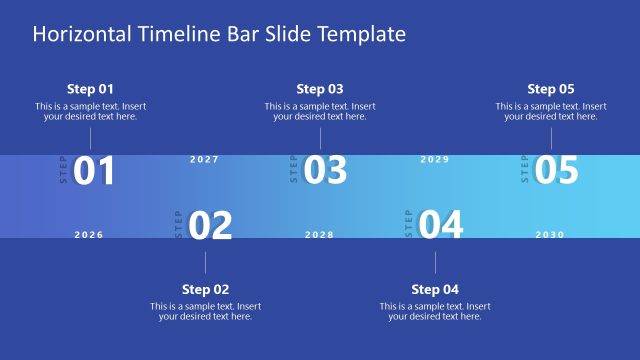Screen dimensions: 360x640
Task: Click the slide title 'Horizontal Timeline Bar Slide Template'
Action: click(219, 34)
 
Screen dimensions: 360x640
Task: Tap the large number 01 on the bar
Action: click(95, 171)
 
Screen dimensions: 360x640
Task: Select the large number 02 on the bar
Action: click(210, 226)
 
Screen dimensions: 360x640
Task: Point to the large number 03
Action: click(325, 171)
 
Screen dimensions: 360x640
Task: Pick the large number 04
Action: click(441, 226)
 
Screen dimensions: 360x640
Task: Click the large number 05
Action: click(556, 171)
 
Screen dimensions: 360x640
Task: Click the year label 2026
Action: click(89, 235)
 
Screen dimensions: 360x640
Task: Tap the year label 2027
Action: click(204, 160)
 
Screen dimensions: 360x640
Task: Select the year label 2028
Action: click(319, 235)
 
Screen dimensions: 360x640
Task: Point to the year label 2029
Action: click(435, 160)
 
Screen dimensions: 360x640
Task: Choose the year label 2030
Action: click(550, 235)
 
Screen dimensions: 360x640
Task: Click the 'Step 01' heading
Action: click(90, 89)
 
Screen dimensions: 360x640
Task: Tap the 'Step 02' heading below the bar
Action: click(205, 289)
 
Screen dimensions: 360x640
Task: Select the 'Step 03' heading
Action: click(320, 89)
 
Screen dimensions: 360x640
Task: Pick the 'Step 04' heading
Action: click(436, 289)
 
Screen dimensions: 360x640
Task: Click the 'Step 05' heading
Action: click(551, 89)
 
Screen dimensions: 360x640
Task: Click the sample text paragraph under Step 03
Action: click(320, 111)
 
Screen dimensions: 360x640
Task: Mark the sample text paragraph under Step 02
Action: click(205, 311)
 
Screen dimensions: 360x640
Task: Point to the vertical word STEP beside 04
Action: click(408, 223)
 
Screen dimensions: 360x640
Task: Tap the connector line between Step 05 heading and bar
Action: click(551, 138)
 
